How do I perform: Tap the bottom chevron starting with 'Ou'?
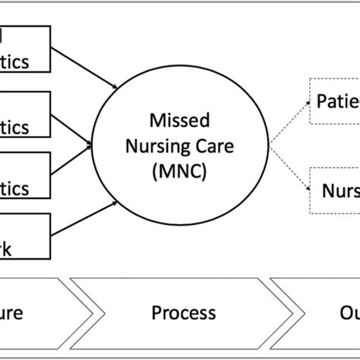coord(319,313)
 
